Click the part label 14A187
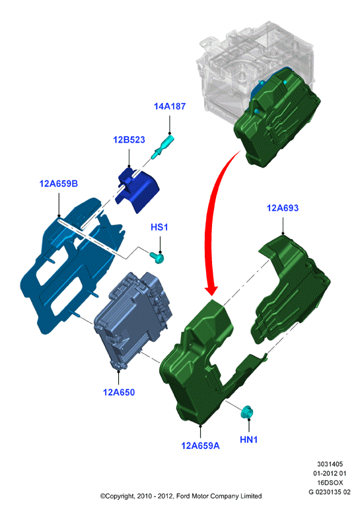(170, 106)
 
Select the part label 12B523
(129, 139)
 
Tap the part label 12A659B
(59, 184)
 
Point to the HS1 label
(159, 227)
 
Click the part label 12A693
(283, 208)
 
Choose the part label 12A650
(119, 392)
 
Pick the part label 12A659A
(200, 446)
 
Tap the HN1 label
(249, 440)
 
